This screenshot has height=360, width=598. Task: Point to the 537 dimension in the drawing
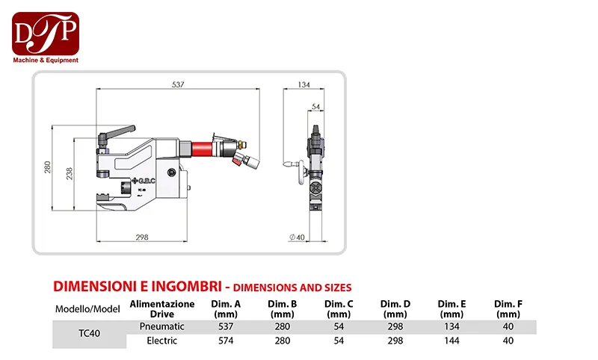tap(178, 85)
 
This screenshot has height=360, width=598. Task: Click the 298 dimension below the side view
tap(142, 237)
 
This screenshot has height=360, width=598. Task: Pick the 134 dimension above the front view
tap(303, 85)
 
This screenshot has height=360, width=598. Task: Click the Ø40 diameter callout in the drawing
tap(298, 237)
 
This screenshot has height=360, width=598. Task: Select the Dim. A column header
tap(226, 308)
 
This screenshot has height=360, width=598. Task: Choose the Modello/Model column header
tap(87, 309)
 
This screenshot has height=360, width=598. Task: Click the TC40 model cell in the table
tap(87, 334)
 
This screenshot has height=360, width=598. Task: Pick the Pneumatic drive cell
tap(162, 327)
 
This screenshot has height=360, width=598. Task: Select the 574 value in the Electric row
tap(226, 341)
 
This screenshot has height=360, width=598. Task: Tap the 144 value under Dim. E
tap(452, 341)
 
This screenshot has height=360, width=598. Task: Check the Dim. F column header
tap(508, 308)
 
